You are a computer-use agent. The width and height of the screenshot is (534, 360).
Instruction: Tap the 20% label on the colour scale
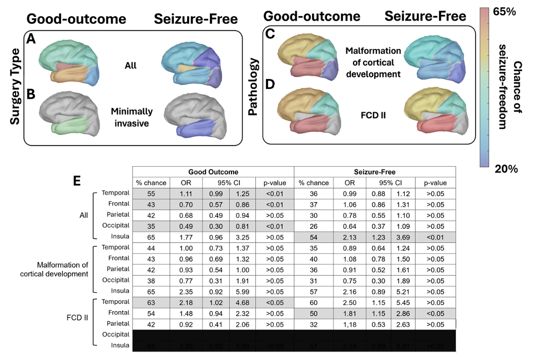pyautogui.click(x=506, y=168)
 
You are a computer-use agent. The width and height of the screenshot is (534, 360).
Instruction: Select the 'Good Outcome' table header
pyautogui.click(x=212, y=172)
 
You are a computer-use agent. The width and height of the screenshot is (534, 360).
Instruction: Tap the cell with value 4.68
pyautogui.click(x=242, y=302)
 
